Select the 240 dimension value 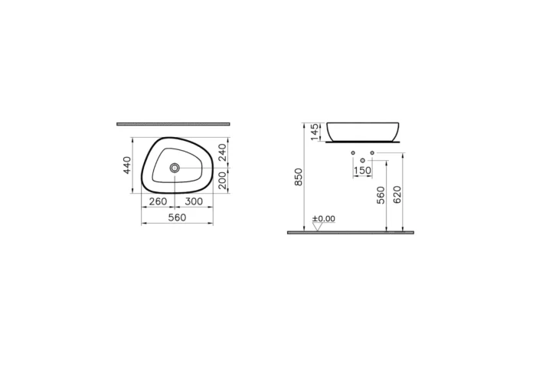click(222, 152)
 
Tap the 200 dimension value click(222, 180)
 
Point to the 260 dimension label click(158, 201)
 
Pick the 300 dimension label click(194, 201)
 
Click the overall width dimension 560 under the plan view click(177, 217)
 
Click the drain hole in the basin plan click(176, 167)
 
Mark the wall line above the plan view click(173, 123)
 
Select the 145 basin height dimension click(314, 132)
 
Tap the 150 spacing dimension click(362, 171)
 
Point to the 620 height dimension click(397, 194)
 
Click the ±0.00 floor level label click(324, 219)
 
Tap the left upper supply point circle click(352, 153)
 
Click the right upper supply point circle click(372, 153)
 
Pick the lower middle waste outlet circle click(362, 160)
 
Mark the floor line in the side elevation click(350, 232)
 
